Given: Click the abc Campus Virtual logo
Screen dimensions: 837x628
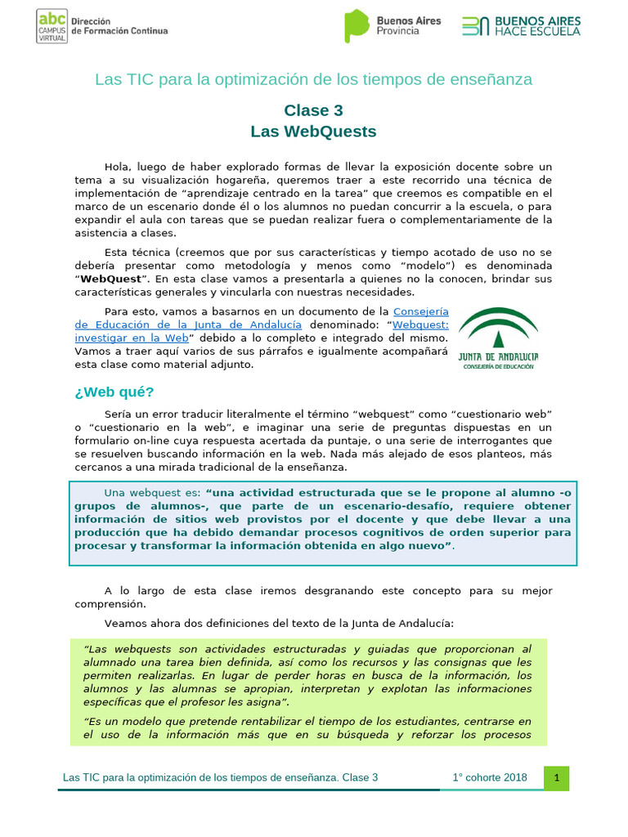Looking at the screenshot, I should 52,26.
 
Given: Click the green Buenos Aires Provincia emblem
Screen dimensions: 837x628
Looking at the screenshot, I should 357,25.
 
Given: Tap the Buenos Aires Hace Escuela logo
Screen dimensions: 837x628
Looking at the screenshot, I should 521,25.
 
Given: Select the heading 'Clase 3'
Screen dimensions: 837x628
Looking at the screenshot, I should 313,110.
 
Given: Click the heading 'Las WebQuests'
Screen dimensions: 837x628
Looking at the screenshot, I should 313,131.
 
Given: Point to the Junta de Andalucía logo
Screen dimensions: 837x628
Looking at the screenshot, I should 498,338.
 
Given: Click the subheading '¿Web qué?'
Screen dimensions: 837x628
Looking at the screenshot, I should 114,392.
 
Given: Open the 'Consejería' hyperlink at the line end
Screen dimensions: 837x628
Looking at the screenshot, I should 421,311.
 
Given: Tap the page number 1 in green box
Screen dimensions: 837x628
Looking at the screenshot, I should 556,778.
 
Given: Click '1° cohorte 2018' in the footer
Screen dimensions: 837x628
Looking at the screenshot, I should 490,778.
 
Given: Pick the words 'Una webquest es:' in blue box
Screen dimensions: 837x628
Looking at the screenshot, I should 152,492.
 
